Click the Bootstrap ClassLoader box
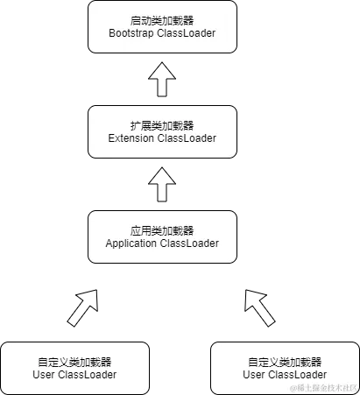click(162, 26)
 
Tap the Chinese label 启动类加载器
click(162, 20)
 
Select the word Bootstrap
click(133, 33)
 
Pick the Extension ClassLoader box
click(162, 131)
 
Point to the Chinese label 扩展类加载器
click(162, 125)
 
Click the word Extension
click(131, 138)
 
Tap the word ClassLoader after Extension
click(187, 138)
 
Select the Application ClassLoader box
click(162, 236)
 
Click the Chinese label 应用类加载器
click(162, 230)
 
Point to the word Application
click(131, 243)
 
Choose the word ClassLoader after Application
click(189, 243)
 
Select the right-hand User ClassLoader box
click(285, 368)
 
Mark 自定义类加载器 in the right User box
click(285, 362)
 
